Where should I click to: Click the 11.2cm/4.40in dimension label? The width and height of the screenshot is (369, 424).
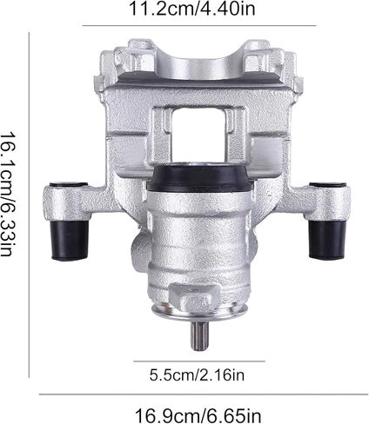coord(191,9)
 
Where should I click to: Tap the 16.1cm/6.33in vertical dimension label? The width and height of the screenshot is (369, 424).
coord(7,194)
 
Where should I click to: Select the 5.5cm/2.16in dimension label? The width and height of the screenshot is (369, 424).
coord(197,375)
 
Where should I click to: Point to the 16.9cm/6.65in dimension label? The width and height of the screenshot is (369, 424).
coord(198,415)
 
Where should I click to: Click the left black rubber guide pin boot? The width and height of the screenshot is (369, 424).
coord(70,240)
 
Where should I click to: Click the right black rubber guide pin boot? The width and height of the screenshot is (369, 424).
coord(327,240)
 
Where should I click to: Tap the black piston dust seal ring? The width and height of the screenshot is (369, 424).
coord(198,177)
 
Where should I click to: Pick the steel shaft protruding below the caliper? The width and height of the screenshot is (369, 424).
coord(199,335)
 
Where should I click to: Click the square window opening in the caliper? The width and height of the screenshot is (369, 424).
coord(198,135)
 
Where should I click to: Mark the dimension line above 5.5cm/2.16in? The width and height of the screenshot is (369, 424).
coord(199,361)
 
